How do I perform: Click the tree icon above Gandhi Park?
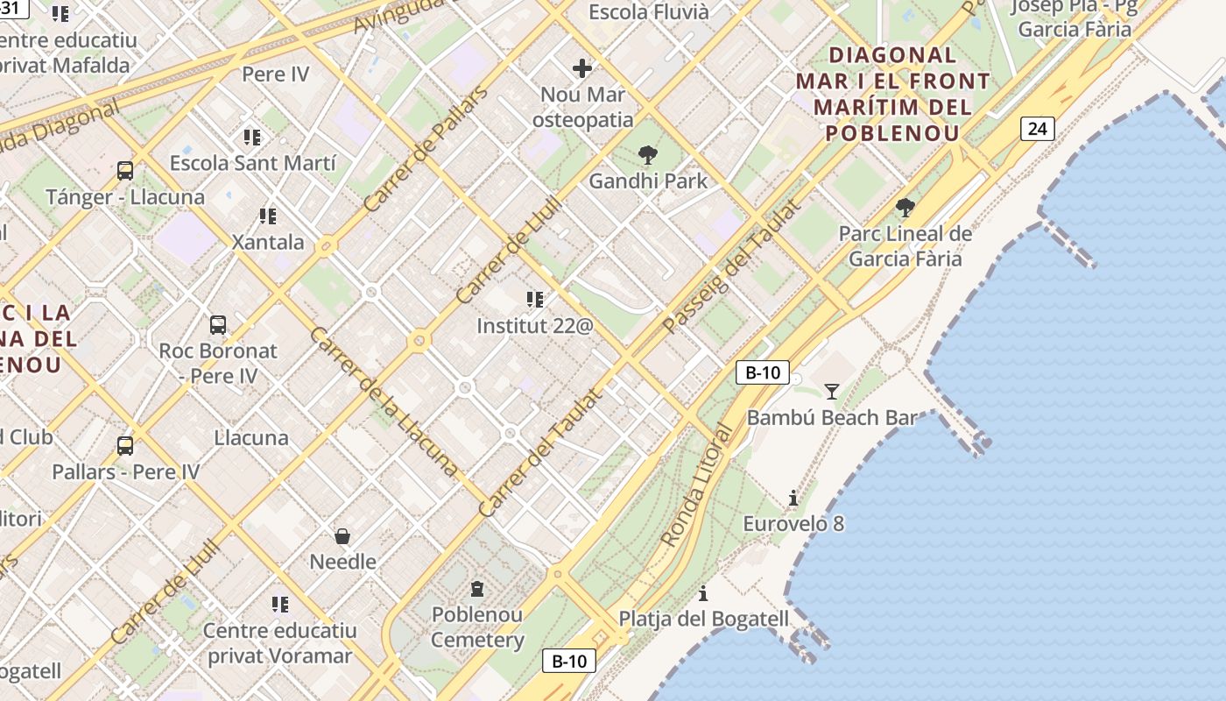[648, 156]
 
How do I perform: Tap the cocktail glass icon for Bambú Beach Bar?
[832, 391]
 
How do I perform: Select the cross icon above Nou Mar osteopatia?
[582, 68]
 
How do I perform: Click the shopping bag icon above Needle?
[343, 535]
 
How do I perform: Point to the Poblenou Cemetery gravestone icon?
[477, 589]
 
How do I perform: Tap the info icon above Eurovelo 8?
[793, 499]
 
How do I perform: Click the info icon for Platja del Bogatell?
[703, 593]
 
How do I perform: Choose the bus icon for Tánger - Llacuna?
[125, 171]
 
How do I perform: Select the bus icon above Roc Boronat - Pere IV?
[218, 325]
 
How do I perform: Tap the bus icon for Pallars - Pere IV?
[125, 446]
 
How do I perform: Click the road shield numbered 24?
[1037, 129]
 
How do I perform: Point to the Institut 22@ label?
[535, 326]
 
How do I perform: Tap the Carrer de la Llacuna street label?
[383, 401]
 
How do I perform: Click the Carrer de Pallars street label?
[425, 150]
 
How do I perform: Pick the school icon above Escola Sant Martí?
[252, 138]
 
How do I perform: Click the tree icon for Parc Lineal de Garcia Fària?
[905, 209]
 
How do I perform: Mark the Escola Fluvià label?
[649, 12]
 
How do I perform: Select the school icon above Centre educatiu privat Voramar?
[280, 604]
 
